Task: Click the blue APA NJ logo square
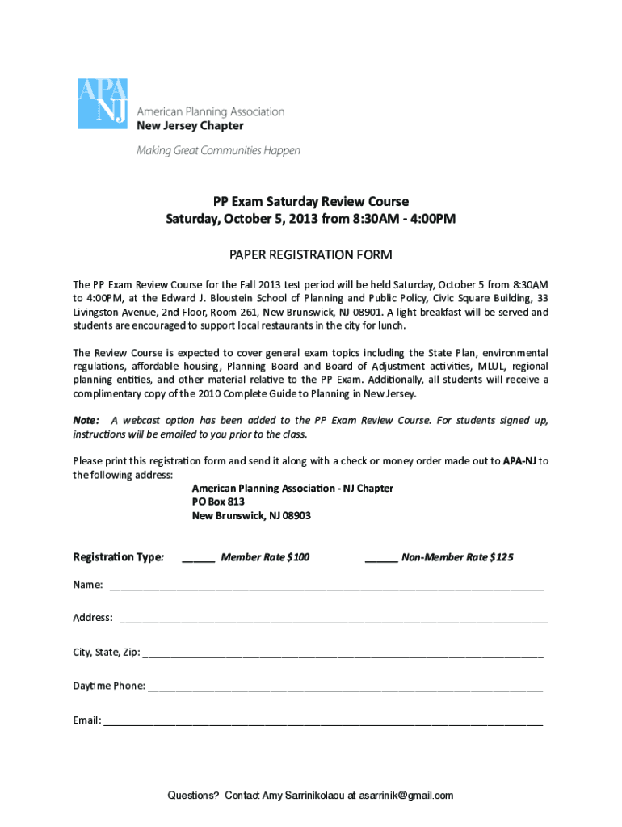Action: [x=103, y=103]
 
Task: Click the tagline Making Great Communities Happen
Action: [x=218, y=150]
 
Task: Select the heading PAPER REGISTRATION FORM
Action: [x=311, y=255]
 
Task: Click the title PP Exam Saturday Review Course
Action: [x=311, y=201]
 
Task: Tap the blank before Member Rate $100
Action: [x=198, y=558]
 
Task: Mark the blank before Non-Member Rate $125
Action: [x=381, y=558]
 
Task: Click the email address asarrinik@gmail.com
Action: [x=406, y=796]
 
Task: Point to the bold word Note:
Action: [x=86, y=420]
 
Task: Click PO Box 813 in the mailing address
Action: [x=218, y=502]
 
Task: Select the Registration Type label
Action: [x=119, y=557]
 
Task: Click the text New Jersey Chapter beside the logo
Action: [x=189, y=126]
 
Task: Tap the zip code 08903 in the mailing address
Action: [x=296, y=515]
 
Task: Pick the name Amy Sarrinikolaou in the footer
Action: [x=304, y=796]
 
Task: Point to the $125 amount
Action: [x=501, y=557]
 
